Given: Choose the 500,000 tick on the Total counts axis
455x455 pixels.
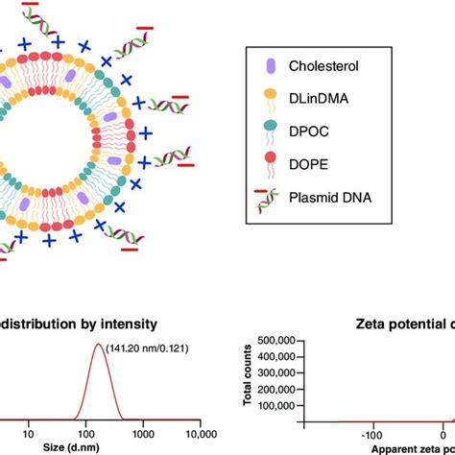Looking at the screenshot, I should (281, 341).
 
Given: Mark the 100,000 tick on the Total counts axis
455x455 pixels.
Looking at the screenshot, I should (281, 404).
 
